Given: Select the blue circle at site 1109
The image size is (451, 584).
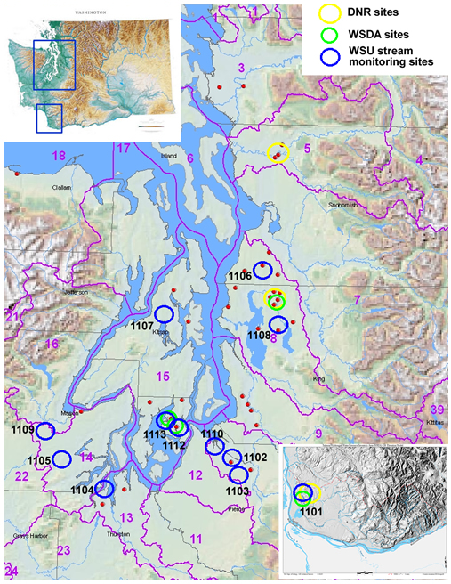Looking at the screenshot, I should [44, 431].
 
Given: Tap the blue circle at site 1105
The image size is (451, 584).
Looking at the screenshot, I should [61, 459].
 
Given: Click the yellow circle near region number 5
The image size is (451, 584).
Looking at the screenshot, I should [278, 153].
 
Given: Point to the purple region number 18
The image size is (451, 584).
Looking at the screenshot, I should [59, 156].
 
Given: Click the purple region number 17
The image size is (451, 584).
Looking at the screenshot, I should [124, 147].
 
